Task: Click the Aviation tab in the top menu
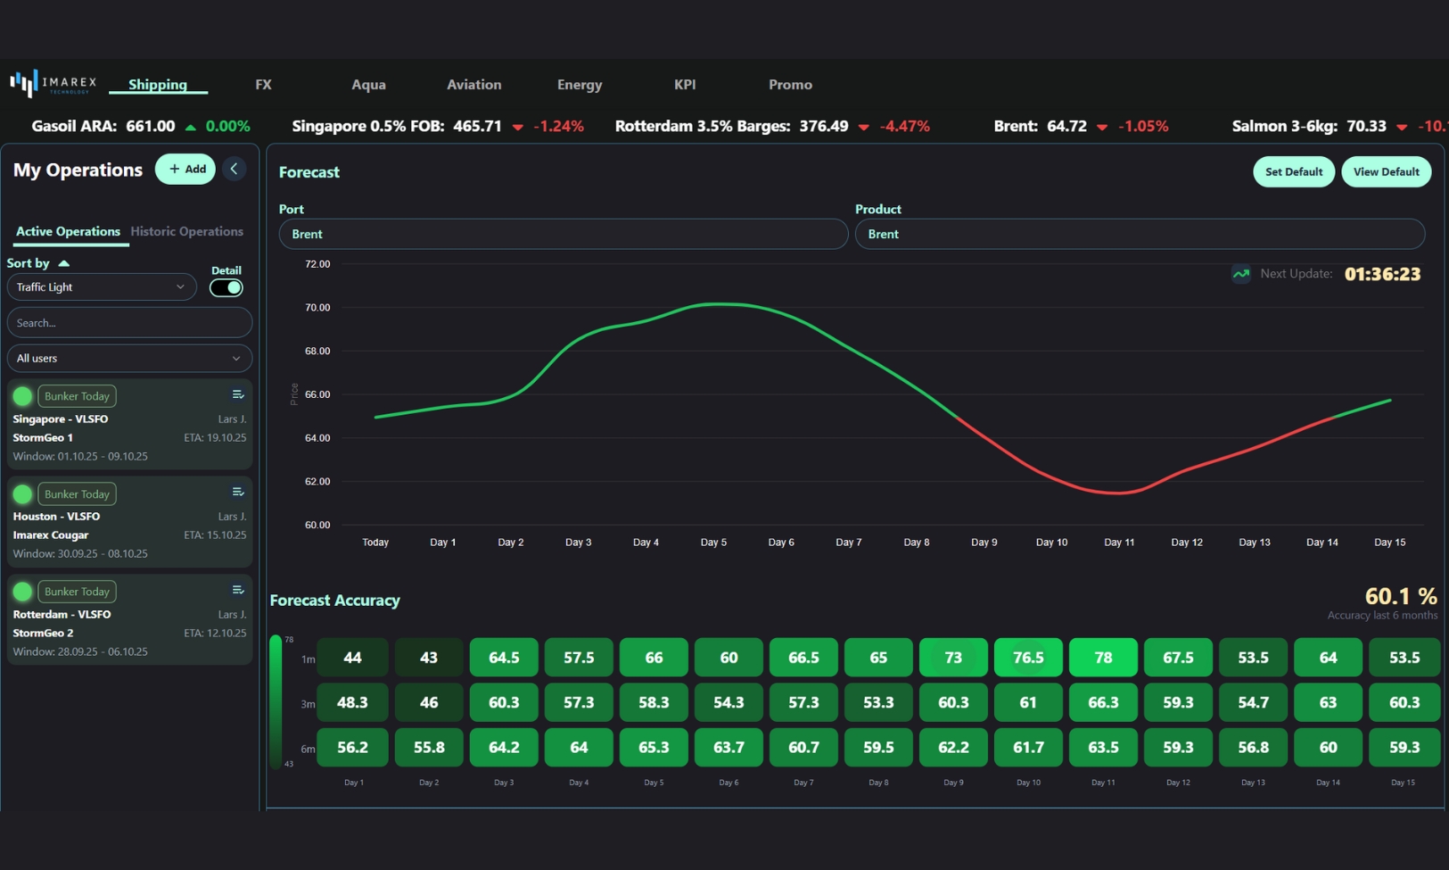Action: (473, 85)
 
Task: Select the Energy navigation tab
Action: (580, 85)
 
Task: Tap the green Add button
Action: (185, 169)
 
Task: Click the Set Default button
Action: (1293, 171)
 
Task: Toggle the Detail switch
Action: (226, 287)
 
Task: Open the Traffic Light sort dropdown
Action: (101, 287)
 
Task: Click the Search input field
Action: (129, 323)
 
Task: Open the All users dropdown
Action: (129, 358)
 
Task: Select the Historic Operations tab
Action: (186, 231)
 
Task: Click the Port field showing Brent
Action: (563, 234)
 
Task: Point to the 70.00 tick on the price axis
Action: (317, 308)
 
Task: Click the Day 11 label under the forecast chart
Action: (1118, 543)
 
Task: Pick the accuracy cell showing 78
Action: (1103, 658)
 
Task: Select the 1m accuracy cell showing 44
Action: (352, 658)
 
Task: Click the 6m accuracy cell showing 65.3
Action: (653, 747)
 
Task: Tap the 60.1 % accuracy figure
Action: (1400, 596)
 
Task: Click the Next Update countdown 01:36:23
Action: (1381, 275)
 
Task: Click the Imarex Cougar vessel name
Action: (51, 535)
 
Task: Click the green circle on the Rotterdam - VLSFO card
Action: (22, 592)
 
